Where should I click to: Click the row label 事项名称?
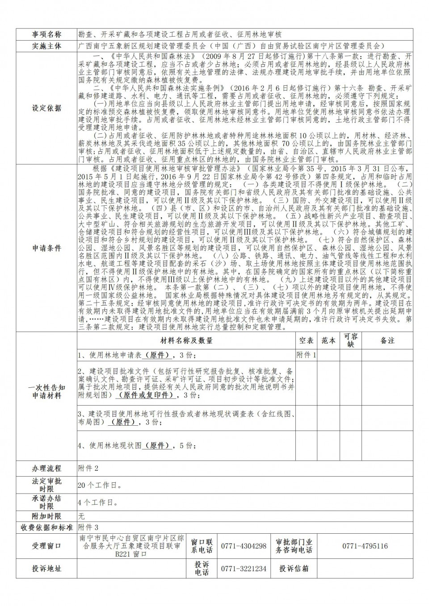click(x=46, y=34)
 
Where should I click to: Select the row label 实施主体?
click(x=46, y=46)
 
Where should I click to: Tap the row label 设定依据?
click(x=46, y=108)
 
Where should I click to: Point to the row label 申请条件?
click(x=46, y=248)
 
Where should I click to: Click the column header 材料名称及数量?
click(x=186, y=340)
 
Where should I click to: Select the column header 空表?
click(x=306, y=340)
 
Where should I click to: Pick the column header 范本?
click(x=328, y=340)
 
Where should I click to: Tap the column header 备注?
click(x=387, y=340)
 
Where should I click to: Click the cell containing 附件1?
click(x=306, y=355)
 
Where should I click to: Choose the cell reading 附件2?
click(x=88, y=469)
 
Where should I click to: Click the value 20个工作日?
click(x=99, y=486)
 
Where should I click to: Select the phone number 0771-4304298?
click(x=244, y=546)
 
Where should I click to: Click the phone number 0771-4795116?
click(x=365, y=546)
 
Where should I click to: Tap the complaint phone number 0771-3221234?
click(x=244, y=569)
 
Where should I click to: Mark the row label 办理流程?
click(x=46, y=469)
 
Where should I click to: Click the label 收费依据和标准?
click(x=46, y=527)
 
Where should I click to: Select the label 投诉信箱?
click(x=294, y=569)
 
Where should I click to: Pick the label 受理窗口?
click(x=46, y=546)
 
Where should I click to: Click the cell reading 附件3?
click(x=88, y=527)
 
